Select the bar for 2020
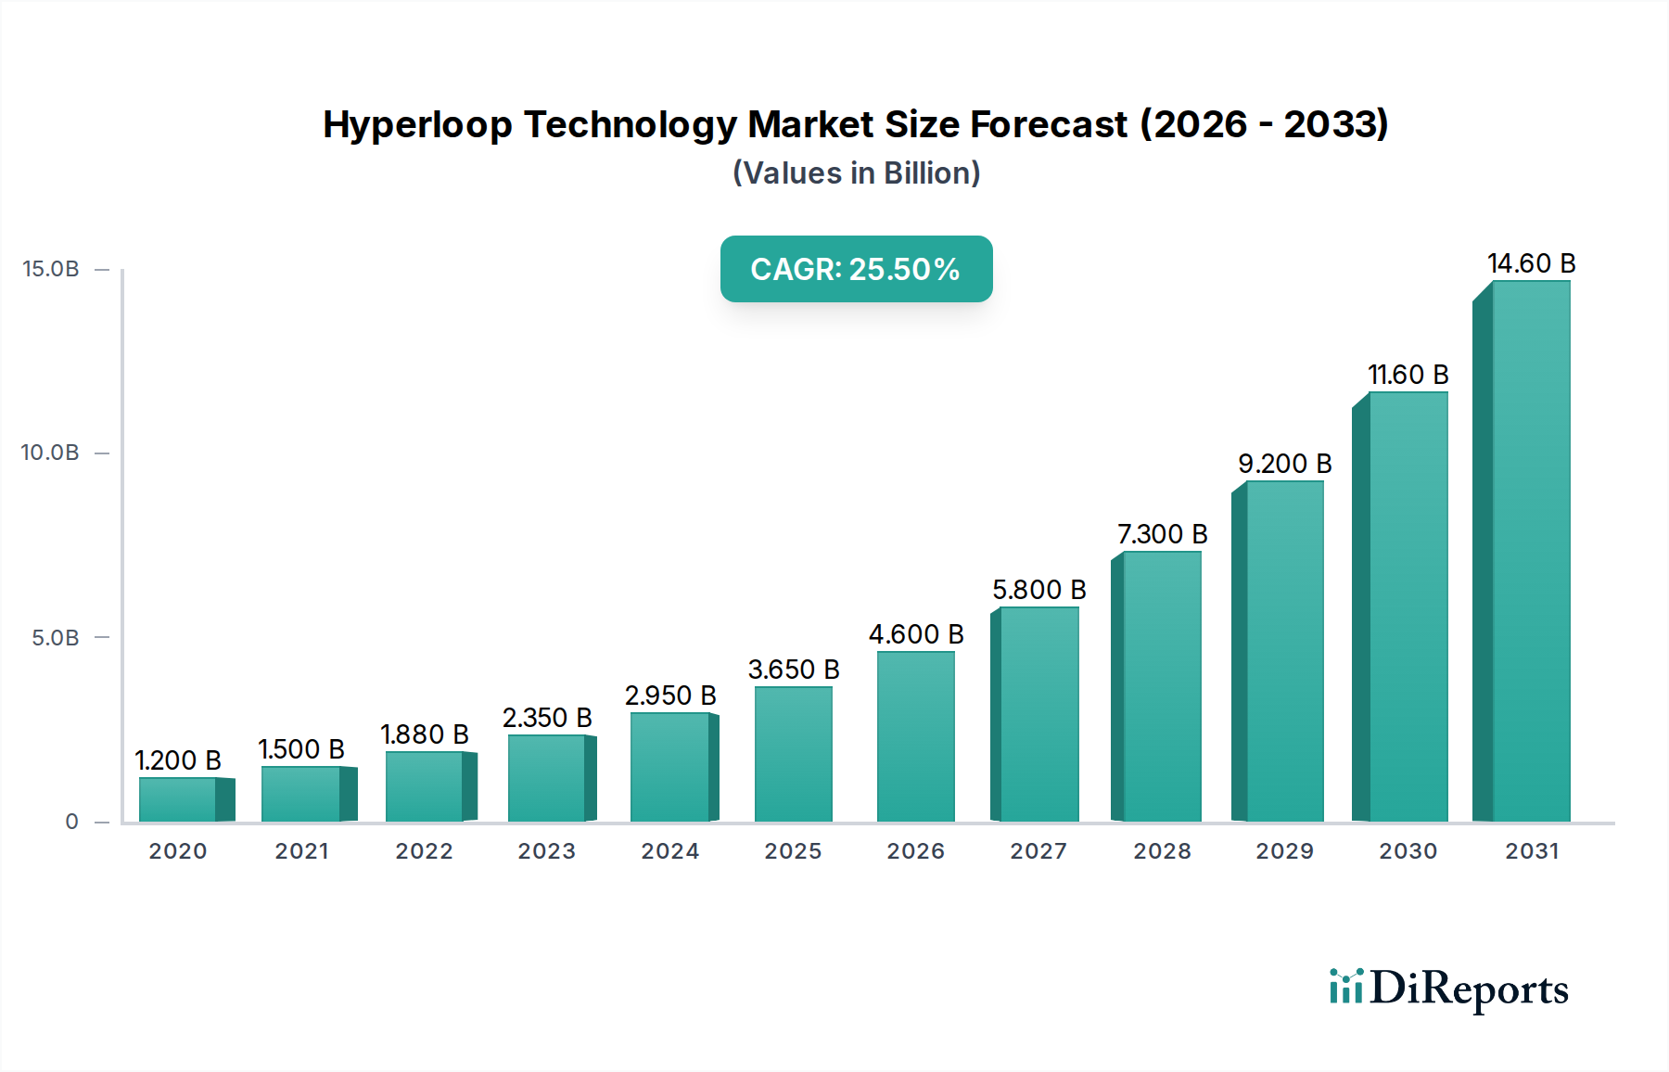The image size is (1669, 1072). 179,799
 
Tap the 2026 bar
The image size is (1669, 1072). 915,737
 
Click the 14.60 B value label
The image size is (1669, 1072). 1531,263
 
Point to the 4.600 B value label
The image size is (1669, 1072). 916,634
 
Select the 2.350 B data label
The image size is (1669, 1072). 547,718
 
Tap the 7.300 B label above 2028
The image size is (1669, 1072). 1162,534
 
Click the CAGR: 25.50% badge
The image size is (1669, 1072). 856,269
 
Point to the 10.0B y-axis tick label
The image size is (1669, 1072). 50,453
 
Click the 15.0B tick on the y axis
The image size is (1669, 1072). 50,269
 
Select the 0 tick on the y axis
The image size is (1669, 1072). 71,822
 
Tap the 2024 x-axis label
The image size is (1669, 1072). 669,851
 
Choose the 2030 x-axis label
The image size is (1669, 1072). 1408,851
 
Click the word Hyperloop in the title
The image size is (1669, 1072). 417,124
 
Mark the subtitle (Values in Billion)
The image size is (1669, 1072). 856,173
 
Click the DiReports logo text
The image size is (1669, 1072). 1469,989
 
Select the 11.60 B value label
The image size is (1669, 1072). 1408,375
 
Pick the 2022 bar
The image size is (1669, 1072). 425,786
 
